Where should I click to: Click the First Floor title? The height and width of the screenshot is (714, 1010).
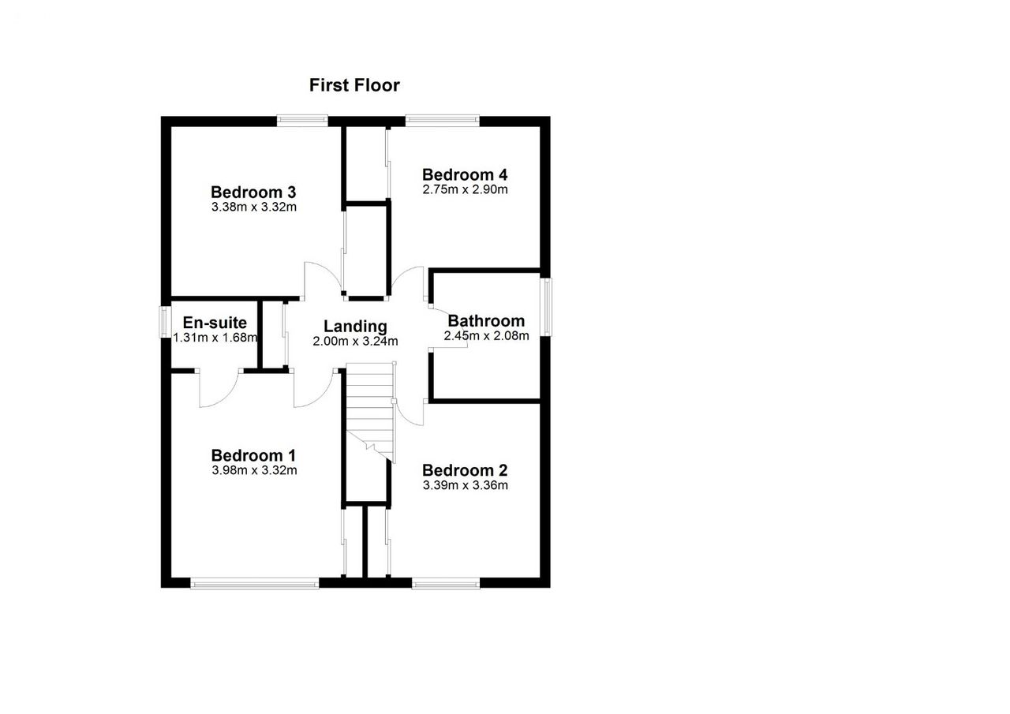354,85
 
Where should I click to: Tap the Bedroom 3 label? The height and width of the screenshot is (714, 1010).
253,192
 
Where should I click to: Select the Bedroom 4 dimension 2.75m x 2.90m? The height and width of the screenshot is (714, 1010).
465,189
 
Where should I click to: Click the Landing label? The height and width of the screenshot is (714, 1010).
355,327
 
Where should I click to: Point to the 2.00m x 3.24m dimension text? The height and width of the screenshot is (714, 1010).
355,342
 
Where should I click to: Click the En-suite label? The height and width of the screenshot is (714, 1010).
215,323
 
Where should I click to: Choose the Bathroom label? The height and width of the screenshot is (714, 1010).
486,321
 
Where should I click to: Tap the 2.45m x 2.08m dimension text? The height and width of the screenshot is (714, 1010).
487,336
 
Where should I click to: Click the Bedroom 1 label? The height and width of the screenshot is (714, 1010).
253,455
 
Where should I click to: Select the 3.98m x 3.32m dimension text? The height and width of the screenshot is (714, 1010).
254,470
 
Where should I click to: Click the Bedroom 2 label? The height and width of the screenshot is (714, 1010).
465,470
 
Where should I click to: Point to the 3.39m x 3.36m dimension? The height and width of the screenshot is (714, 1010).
466,485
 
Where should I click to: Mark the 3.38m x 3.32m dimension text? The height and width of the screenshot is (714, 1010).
254,207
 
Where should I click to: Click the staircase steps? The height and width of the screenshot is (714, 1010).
370,412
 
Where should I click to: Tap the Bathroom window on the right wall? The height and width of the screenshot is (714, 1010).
547,307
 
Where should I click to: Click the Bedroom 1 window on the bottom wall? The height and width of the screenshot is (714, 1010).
255,583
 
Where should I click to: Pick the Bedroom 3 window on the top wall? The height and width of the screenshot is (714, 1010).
302,121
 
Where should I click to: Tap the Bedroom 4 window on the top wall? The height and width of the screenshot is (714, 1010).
443,121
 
